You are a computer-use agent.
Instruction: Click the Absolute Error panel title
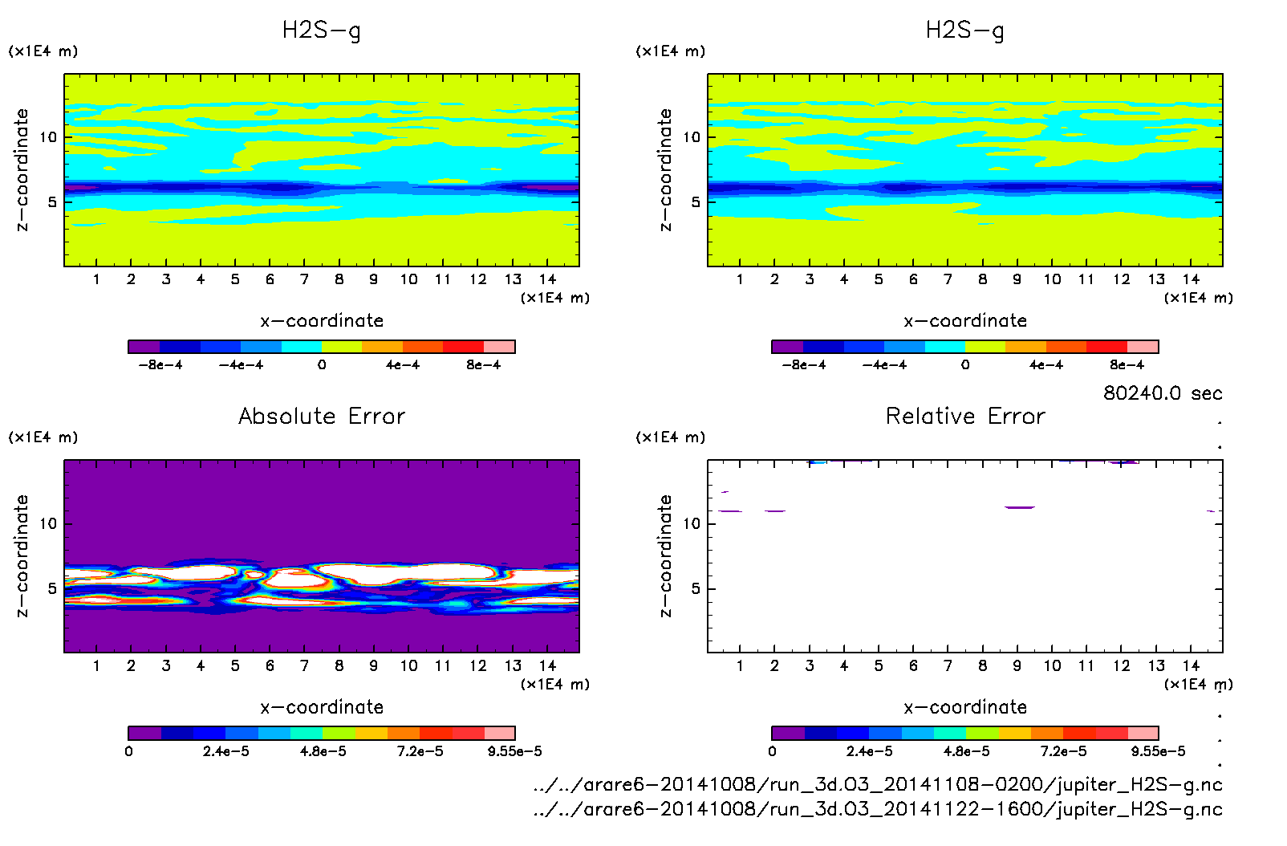[322, 416]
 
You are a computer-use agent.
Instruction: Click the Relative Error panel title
[965, 416]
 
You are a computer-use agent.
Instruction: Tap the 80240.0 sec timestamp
[1163, 393]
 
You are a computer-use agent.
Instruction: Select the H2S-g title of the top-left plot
[322, 31]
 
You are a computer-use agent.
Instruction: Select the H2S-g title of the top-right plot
[965, 31]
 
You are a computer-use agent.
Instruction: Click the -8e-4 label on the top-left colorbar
[160, 365]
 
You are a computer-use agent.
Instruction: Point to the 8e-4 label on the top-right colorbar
[1127, 365]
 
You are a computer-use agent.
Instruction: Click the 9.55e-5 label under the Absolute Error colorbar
[514, 751]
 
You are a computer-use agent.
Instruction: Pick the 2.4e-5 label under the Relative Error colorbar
[869, 751]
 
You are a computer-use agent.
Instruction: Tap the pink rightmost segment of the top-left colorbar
[499, 347]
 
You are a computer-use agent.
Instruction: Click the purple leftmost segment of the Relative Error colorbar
[788, 733]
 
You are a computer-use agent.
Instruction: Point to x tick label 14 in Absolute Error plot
[547, 665]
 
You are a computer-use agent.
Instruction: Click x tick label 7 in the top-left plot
[304, 279]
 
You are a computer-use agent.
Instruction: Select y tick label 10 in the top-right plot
[692, 137]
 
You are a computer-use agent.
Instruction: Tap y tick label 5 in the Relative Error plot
[696, 588]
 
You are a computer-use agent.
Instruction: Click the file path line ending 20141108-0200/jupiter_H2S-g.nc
[878, 784]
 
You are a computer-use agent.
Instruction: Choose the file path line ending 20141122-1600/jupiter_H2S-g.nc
[878, 809]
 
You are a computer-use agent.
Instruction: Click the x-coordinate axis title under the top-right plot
[965, 321]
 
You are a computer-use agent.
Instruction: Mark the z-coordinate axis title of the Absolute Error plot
[22, 555]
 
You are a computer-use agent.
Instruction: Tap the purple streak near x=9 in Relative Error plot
[1020, 507]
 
